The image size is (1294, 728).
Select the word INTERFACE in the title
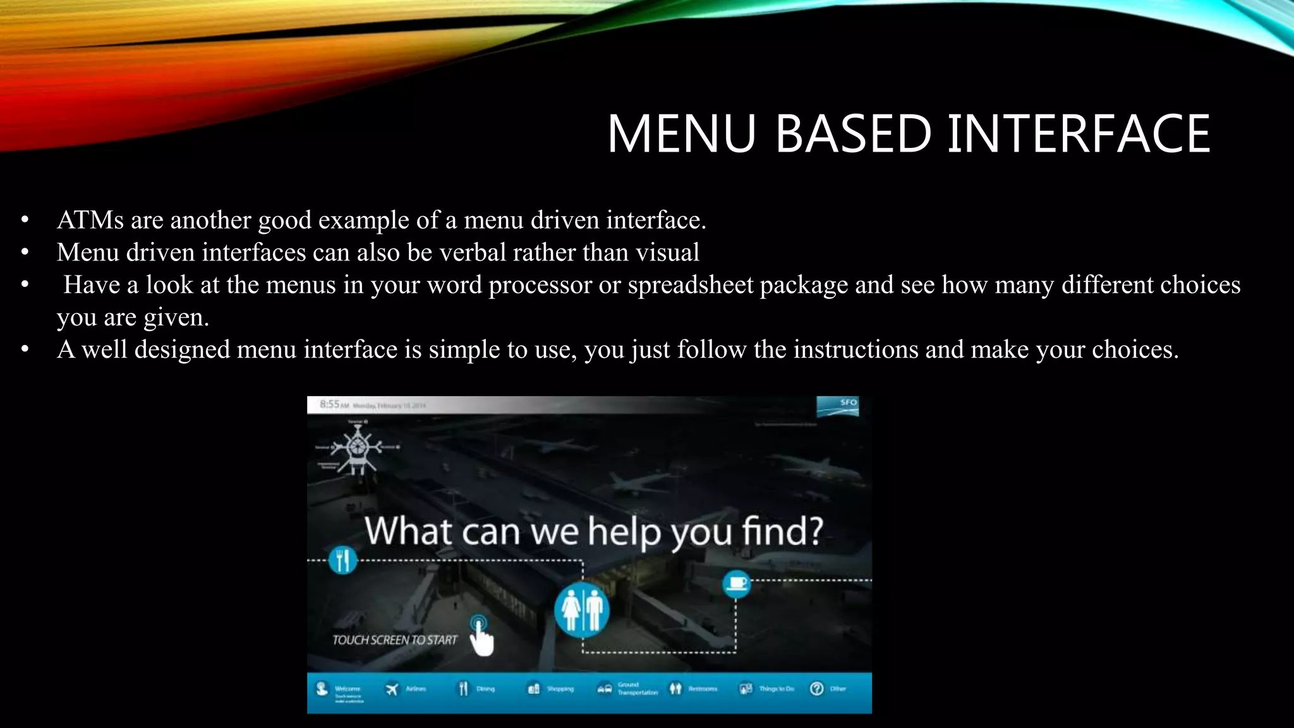click(x=1079, y=133)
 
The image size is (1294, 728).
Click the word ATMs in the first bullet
click(x=90, y=220)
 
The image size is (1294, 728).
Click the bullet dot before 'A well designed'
click(x=25, y=349)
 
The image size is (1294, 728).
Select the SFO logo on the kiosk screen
click(x=838, y=406)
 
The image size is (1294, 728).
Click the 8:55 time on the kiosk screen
click(x=329, y=404)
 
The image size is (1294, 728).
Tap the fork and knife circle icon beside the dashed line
click(x=343, y=560)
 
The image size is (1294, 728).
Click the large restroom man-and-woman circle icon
click(x=582, y=610)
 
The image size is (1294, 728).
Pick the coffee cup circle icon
click(x=736, y=583)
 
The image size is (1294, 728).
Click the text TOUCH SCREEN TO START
click(x=394, y=640)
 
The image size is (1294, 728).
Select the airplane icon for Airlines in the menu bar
click(x=392, y=689)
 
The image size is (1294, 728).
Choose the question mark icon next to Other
click(x=816, y=689)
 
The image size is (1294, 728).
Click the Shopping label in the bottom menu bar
click(x=560, y=689)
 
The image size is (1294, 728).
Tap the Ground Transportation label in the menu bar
click(x=637, y=689)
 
